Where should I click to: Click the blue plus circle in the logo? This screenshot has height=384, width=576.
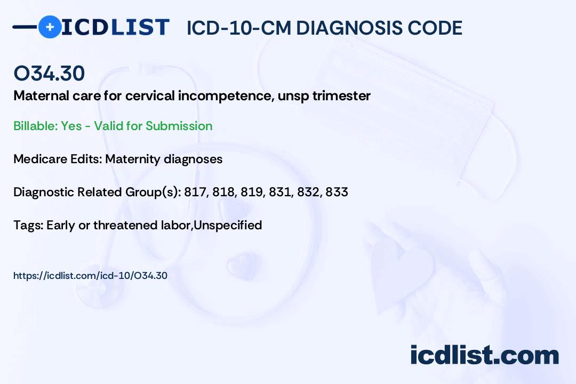50,27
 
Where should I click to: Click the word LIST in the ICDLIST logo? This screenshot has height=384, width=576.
140,27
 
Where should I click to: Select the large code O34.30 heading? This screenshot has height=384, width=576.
49,73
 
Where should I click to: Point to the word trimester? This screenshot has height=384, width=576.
341,96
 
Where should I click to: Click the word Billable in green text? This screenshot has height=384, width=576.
35,126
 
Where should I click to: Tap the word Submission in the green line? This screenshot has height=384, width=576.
179,126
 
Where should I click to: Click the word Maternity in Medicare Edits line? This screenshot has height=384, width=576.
133,159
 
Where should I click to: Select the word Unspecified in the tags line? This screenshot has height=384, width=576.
228,225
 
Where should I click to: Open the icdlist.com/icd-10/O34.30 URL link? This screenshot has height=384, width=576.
90,276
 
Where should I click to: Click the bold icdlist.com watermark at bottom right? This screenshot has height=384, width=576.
484,355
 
